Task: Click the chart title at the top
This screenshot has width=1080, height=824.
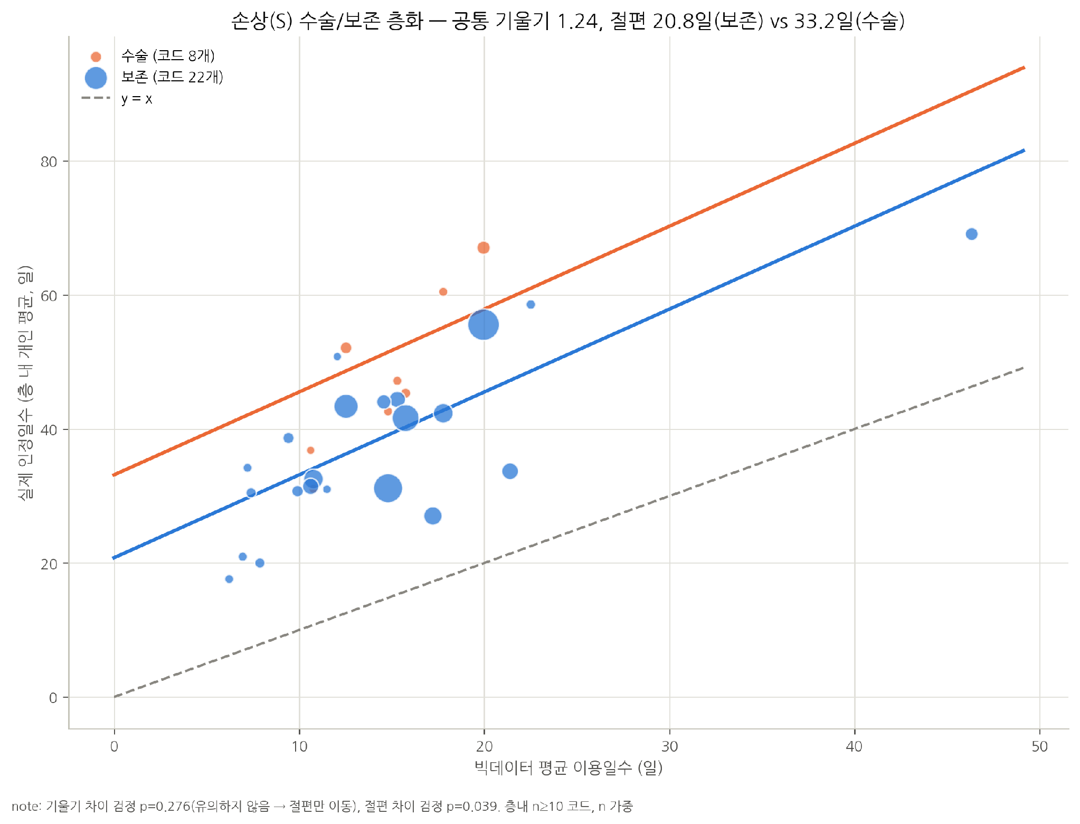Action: pos(568,21)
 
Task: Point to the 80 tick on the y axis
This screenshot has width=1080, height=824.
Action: pos(49,162)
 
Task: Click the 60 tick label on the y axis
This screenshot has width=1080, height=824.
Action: pos(49,296)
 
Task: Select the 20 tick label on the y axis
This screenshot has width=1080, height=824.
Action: pos(49,564)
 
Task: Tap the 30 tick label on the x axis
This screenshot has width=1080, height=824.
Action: pos(669,746)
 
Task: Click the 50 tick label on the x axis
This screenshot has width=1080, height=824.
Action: pos(1039,746)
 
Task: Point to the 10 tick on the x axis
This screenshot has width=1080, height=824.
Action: pos(299,746)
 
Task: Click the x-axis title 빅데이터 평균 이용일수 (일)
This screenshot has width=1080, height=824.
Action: pos(569,768)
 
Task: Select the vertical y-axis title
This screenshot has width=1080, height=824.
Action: pos(25,382)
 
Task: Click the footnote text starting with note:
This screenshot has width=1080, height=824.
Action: pos(322,807)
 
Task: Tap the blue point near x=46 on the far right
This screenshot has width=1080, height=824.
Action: pos(971,234)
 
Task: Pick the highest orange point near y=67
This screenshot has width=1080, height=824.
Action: pos(483,248)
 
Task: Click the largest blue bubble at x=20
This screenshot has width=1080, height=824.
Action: pos(483,325)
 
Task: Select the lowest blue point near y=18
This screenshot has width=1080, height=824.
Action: pos(229,579)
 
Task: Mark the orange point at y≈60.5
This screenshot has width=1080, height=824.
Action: pos(443,292)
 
